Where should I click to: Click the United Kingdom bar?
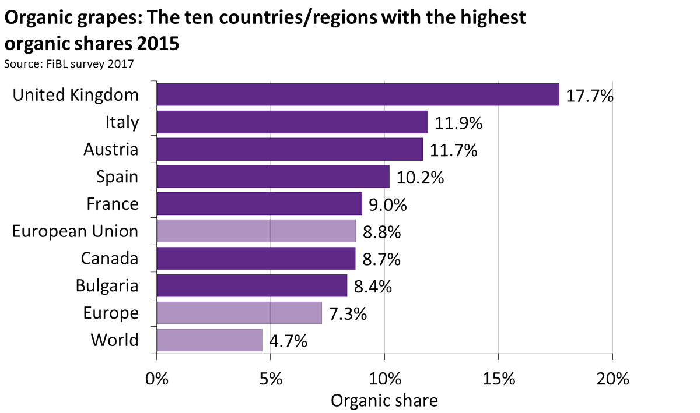point(358,95)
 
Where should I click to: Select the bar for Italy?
point(292,122)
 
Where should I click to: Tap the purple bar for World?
point(209,340)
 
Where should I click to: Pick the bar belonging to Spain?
point(272,177)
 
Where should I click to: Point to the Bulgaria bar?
point(252,285)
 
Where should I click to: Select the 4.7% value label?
point(288,340)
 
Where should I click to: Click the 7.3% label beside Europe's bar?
point(348,313)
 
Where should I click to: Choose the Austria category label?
point(111,150)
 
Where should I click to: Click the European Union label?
point(76,231)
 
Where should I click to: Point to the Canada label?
point(110,258)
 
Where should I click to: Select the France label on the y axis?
point(113,204)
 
